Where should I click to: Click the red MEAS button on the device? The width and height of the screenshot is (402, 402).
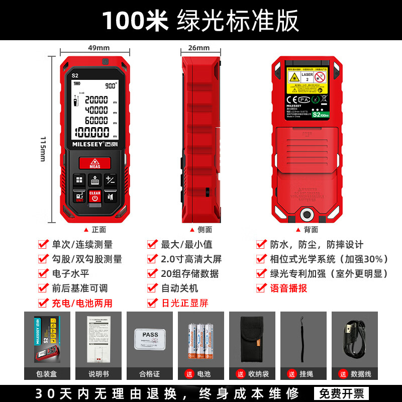tap(94, 163)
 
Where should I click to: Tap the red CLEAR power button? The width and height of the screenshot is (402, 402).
tap(94, 196)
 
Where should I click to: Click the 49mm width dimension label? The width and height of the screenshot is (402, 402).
tap(98, 48)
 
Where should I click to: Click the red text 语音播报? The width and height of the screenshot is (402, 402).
tap(288, 288)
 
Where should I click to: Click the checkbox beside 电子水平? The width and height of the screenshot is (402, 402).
tap(43, 273)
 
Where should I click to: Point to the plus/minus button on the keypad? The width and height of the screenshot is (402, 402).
tap(110, 180)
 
